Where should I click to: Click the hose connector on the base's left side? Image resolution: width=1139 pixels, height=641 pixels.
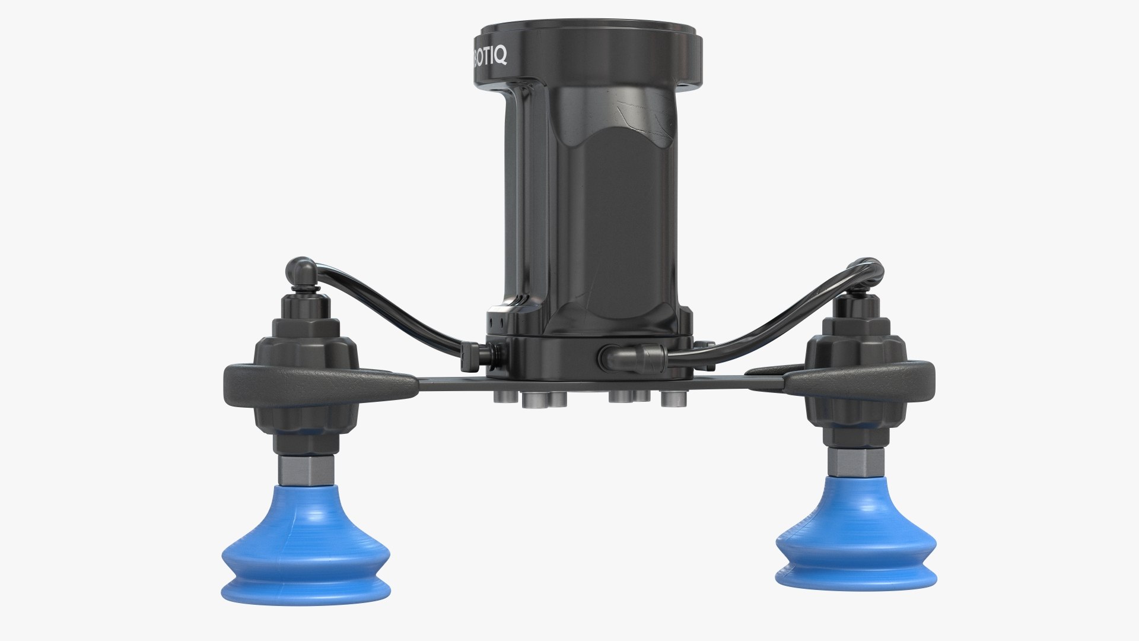coord(475,355)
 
